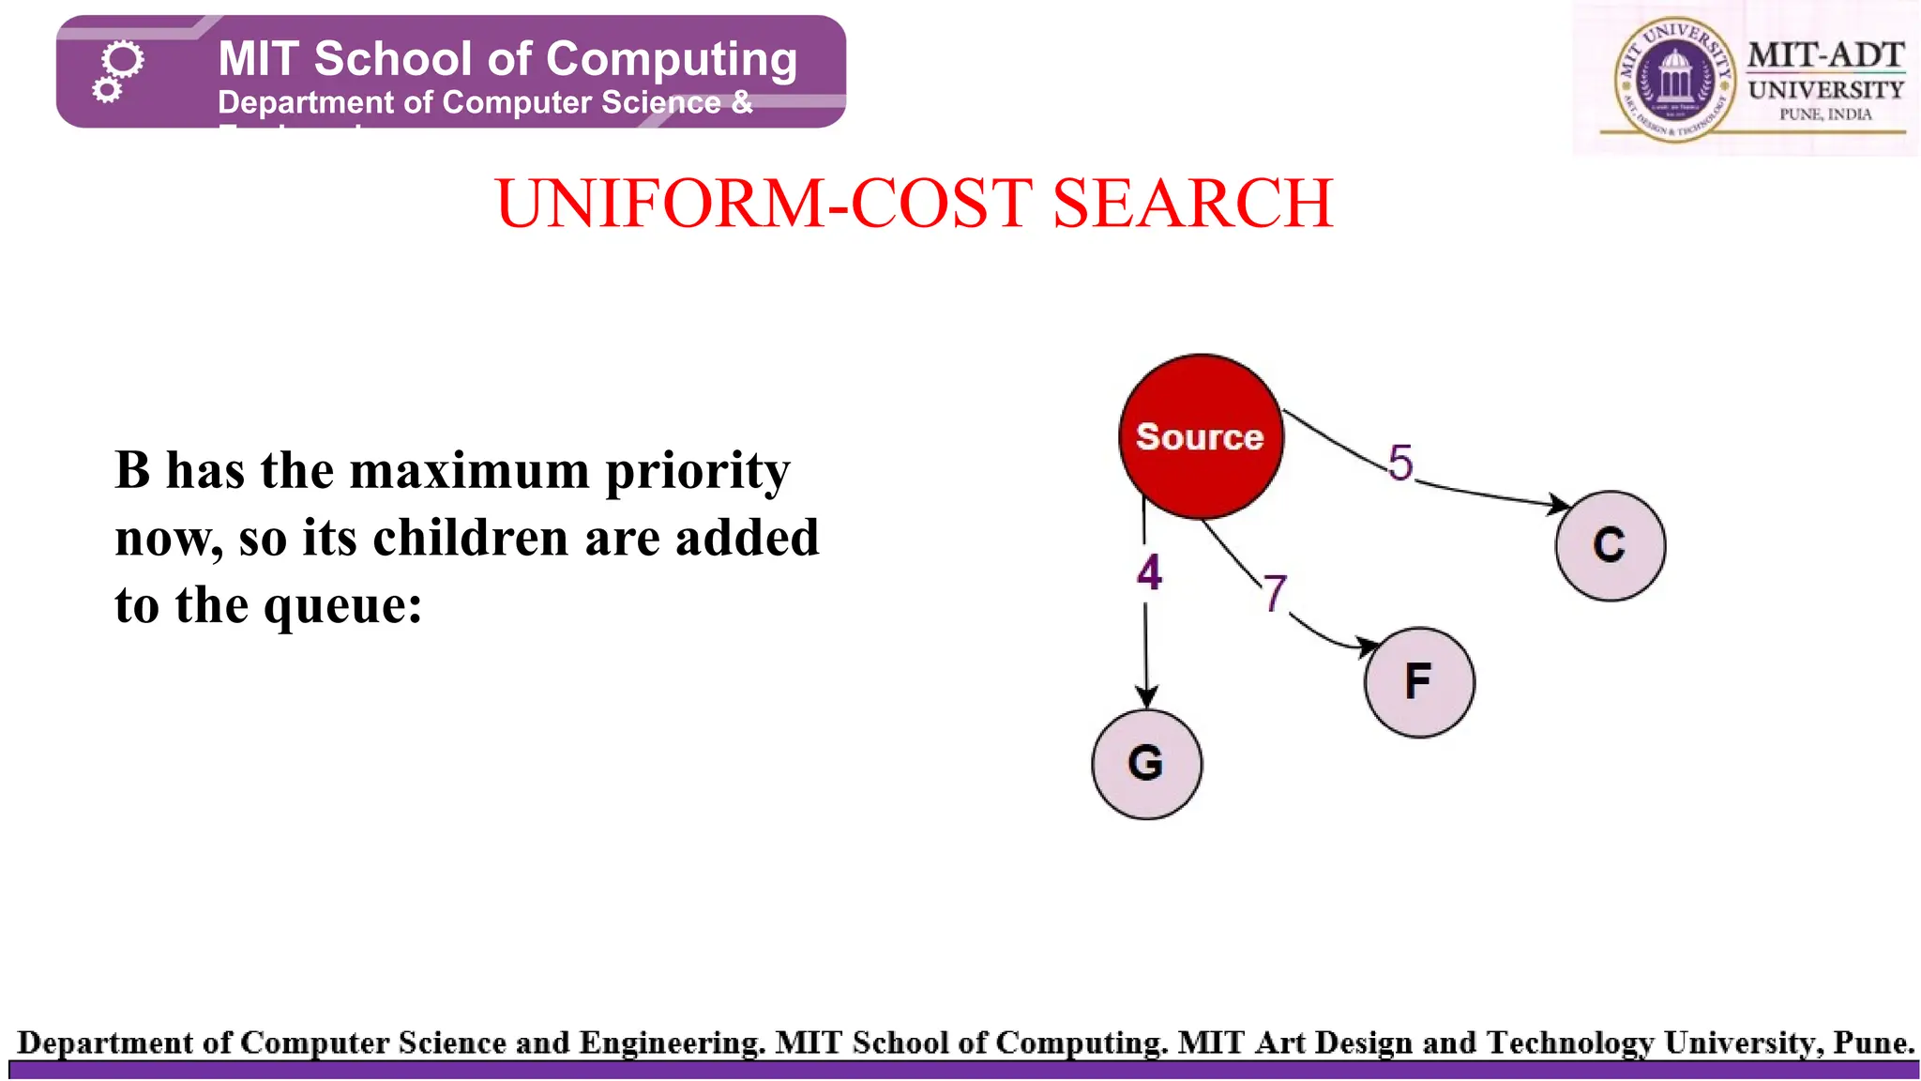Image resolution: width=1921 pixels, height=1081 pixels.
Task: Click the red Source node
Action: [x=1201, y=436]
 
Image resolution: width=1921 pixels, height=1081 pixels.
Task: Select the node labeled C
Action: [x=1610, y=545]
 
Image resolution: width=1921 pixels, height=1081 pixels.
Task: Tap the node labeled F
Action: [x=1418, y=682]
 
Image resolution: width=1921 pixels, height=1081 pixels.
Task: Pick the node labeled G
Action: [x=1146, y=764]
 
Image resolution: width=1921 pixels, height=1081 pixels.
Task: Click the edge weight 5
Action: [x=1399, y=463]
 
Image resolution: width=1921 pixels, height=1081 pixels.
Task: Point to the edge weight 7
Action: [x=1274, y=593]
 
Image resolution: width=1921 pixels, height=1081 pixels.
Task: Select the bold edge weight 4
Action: [x=1149, y=572]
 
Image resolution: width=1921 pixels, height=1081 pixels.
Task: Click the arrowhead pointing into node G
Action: [x=1146, y=697]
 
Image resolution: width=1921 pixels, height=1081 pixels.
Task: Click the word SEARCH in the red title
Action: [x=1192, y=204]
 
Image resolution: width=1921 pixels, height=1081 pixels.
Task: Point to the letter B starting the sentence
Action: [x=132, y=470]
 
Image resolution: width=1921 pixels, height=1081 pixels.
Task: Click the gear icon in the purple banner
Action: [x=118, y=70]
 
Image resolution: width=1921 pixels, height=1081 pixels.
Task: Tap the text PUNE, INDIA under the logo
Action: [x=1825, y=114]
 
